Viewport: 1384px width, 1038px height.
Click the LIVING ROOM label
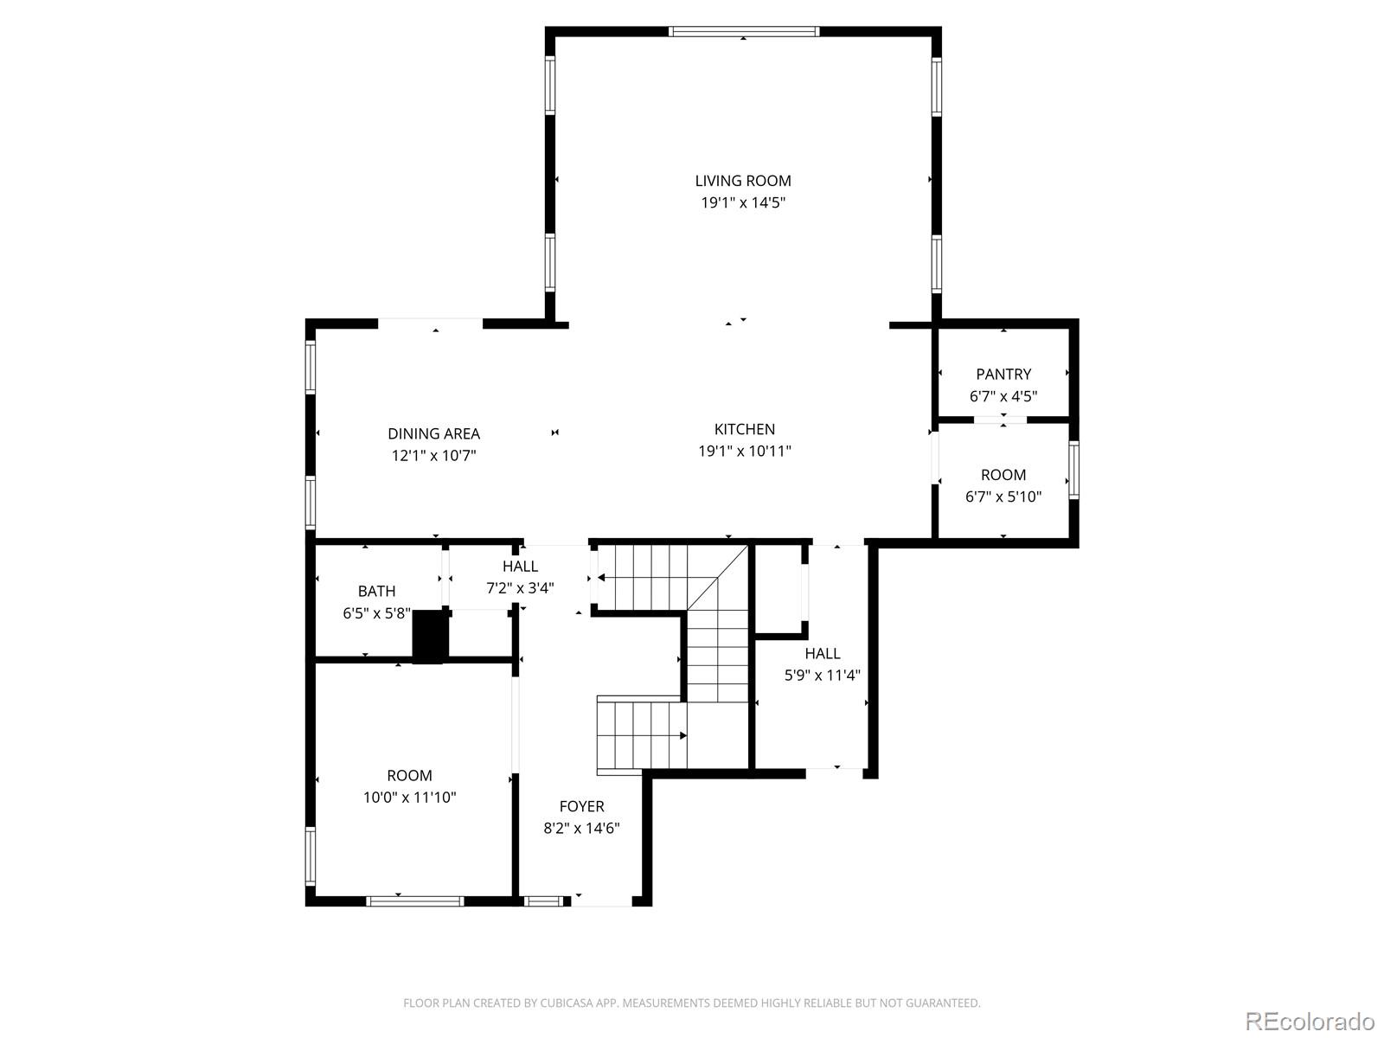pos(743,181)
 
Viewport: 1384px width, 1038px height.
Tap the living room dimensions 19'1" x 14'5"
pos(743,203)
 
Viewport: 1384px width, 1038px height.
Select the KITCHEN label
pos(744,429)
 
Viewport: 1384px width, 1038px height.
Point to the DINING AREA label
pos(434,433)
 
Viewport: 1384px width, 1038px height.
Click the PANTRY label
pos(1003,375)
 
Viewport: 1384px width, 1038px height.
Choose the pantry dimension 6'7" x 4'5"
pos(1003,396)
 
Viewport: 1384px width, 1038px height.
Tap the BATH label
pos(376,591)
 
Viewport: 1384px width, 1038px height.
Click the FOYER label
pos(581,806)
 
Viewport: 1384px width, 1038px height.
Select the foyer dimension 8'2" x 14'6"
pos(581,828)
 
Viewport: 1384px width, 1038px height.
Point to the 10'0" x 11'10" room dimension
pos(409,798)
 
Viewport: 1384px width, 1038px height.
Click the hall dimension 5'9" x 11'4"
pos(823,675)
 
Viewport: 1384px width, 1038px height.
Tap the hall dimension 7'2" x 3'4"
pos(520,588)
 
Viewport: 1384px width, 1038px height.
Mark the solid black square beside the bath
pos(430,636)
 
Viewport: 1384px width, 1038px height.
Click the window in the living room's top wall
pos(744,31)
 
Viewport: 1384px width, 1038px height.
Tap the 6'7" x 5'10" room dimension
pos(1003,497)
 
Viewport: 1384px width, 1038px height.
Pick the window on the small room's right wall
pos(1073,471)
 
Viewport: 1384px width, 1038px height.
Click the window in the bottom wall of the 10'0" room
pos(415,901)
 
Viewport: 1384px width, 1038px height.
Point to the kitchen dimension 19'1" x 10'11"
pos(744,452)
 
